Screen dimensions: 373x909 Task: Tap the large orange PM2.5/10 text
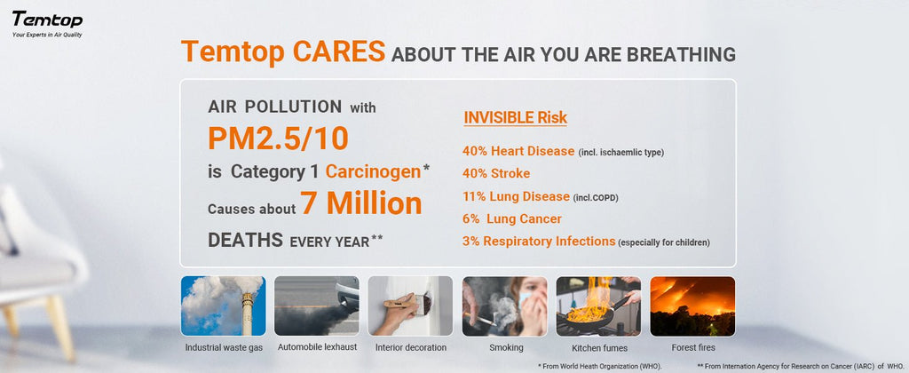[277, 138]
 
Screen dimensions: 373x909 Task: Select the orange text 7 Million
[360, 204]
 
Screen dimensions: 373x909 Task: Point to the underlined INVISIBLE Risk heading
[515, 117]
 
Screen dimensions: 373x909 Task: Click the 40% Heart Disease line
[518, 151]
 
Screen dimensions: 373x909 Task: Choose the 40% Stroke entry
[496, 173]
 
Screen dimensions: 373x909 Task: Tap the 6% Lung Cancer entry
[511, 218]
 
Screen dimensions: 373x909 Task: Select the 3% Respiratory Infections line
[539, 242]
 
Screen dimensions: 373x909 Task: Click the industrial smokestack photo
[224, 306]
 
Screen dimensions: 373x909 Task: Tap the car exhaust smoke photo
[317, 306]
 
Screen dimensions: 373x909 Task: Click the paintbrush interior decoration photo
[410, 306]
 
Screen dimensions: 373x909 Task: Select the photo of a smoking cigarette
[504, 306]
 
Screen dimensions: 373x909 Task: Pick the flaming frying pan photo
[598, 306]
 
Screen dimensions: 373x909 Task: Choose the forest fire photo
[692, 306]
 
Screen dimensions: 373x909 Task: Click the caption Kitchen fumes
[598, 347]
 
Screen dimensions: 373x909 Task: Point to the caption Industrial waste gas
[224, 347]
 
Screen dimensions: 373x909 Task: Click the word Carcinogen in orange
[374, 171]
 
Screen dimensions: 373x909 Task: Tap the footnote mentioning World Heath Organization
[601, 366]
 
